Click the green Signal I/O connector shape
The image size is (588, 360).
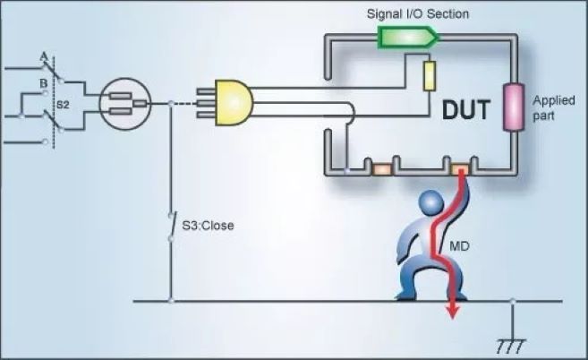[407, 36]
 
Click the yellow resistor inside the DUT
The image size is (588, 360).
[430, 77]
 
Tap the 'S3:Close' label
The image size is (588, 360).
[212, 226]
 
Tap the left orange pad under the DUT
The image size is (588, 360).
[381, 168]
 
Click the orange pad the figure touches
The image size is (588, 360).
[460, 168]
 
